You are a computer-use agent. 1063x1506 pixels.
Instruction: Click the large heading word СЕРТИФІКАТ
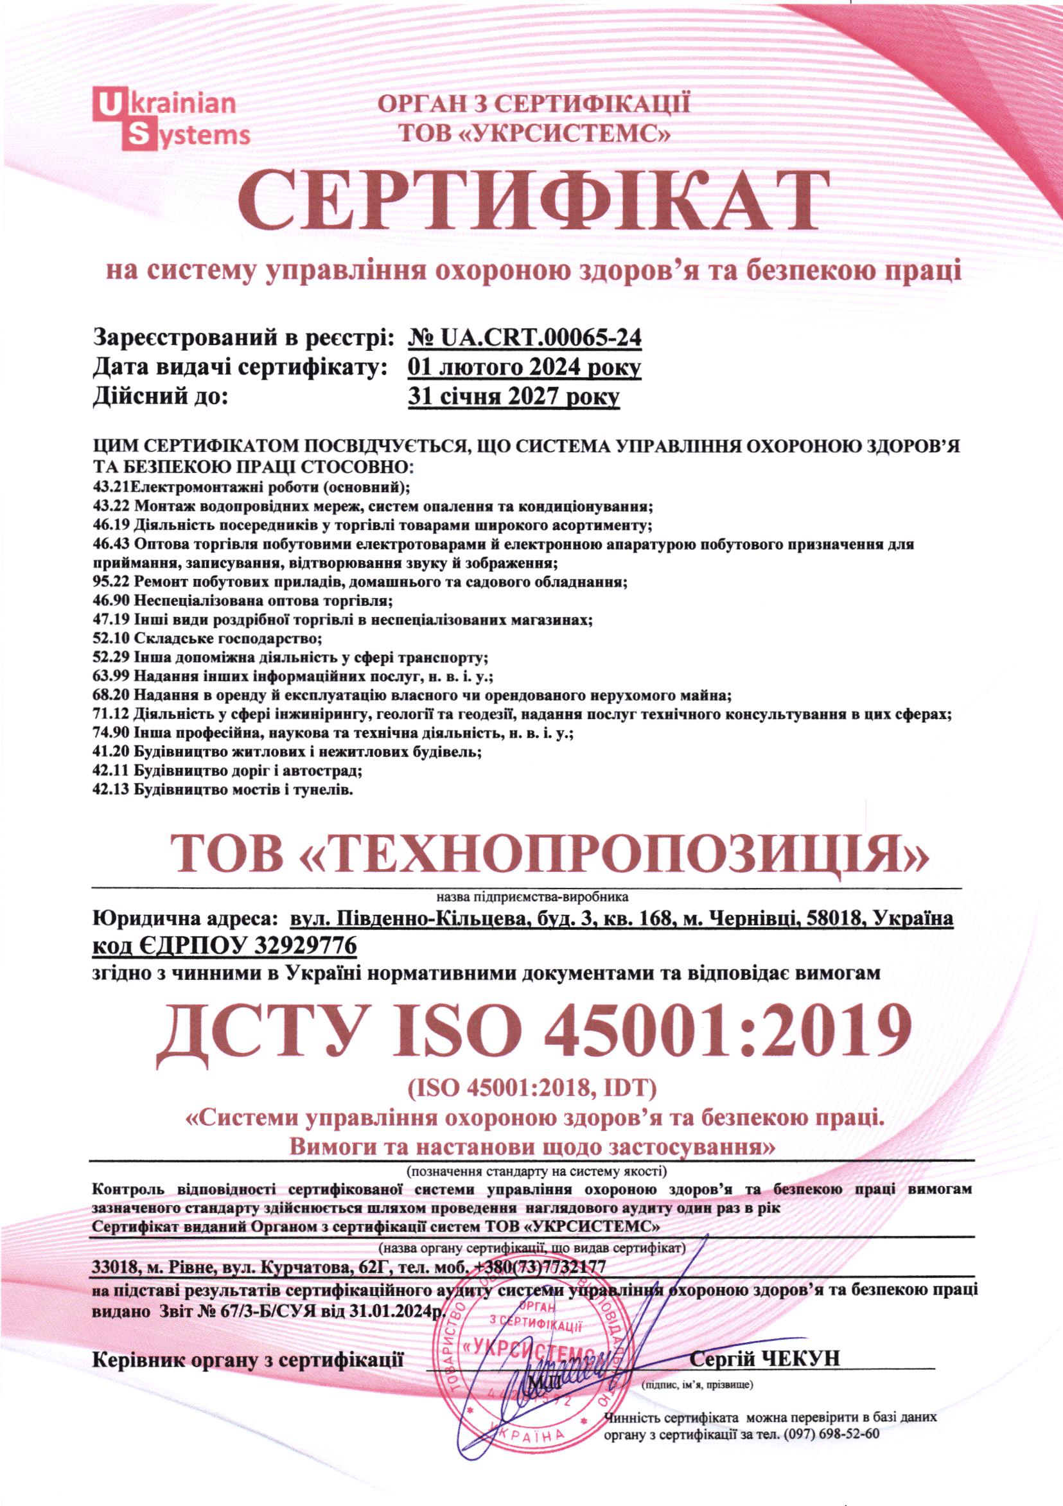(531, 200)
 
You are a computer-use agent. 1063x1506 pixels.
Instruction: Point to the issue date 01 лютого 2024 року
(524, 368)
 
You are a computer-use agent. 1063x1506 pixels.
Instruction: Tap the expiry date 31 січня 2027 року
(513, 397)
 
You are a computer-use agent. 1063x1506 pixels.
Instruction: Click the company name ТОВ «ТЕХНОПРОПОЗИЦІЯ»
(550, 853)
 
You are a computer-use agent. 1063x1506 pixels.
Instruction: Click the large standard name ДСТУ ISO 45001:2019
(532, 1036)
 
